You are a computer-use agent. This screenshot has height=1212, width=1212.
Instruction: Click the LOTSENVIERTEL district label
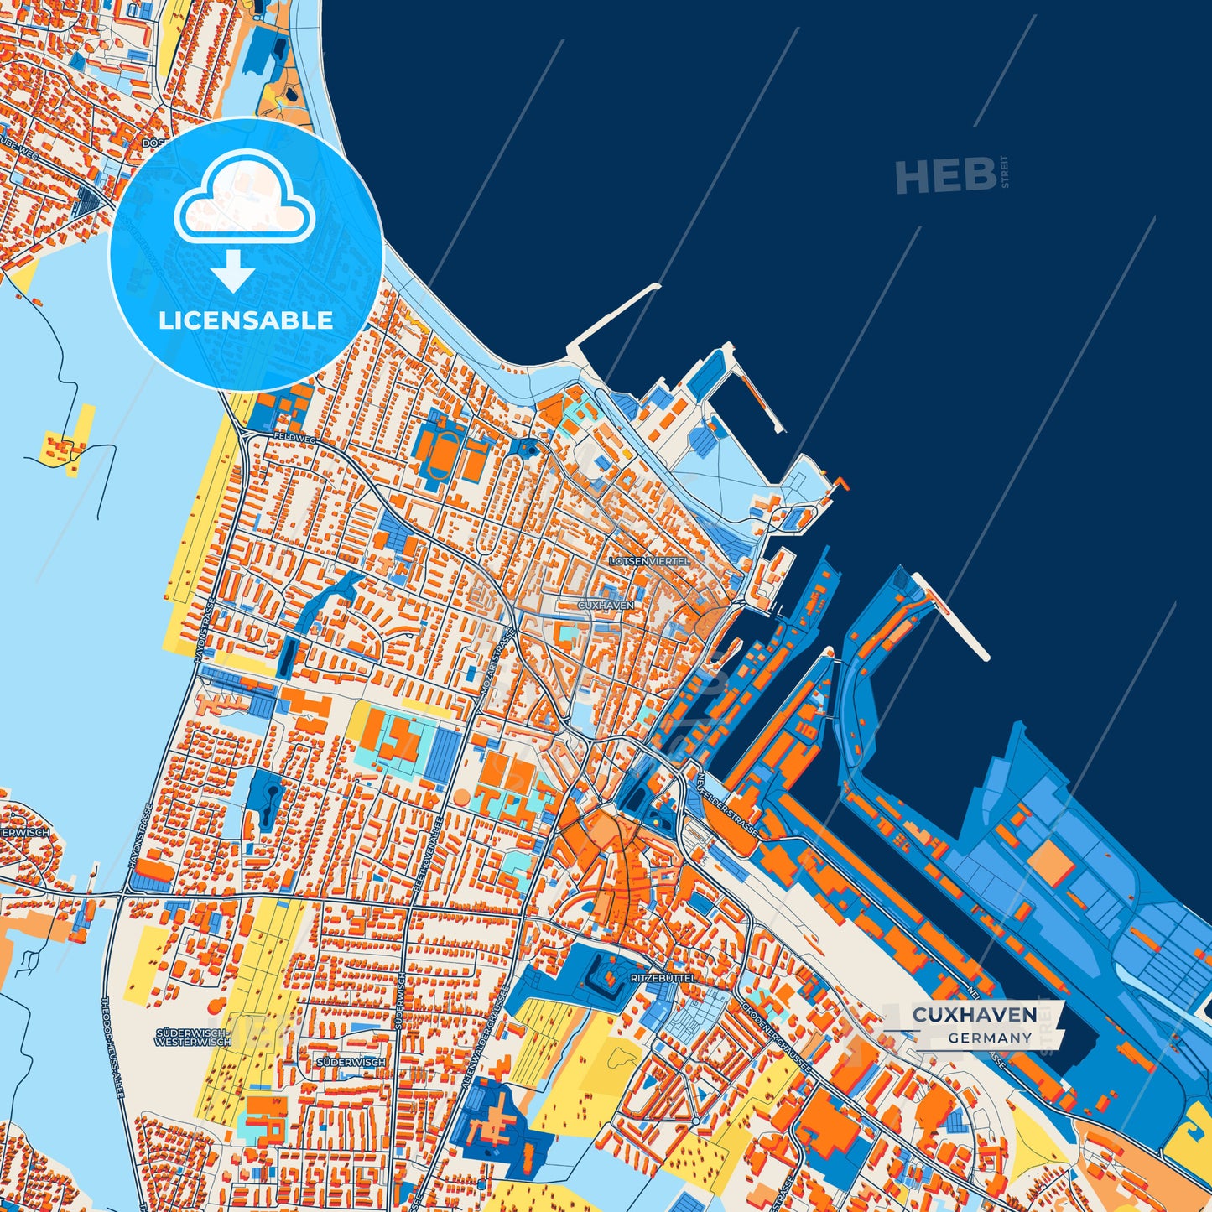click(x=650, y=560)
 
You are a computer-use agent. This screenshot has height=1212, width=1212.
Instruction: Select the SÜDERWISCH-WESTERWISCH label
click(x=193, y=1037)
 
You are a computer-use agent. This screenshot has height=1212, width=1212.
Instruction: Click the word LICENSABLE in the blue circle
click(x=246, y=320)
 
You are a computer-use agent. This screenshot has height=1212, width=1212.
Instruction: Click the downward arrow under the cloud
click(x=233, y=270)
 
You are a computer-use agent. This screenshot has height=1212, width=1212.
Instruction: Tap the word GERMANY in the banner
click(x=990, y=1038)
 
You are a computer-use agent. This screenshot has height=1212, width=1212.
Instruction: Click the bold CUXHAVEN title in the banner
click(x=974, y=1015)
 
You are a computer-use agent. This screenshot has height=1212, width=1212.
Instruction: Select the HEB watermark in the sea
click(x=945, y=176)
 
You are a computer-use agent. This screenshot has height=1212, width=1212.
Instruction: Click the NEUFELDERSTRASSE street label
click(x=726, y=804)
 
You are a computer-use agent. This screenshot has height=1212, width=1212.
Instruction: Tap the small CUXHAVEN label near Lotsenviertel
click(x=606, y=605)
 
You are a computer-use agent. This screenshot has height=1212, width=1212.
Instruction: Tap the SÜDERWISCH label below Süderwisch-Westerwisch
click(x=351, y=1062)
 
